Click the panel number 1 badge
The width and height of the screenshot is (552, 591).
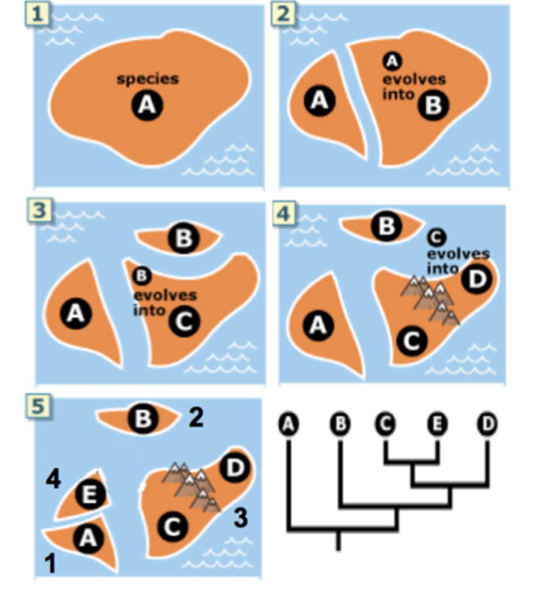click(37, 14)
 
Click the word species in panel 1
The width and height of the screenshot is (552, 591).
click(148, 79)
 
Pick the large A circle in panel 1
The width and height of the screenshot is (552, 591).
click(147, 105)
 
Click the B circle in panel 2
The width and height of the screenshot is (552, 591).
click(433, 105)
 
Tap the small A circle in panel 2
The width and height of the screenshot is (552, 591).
click(392, 60)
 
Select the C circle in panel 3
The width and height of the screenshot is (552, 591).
click(184, 321)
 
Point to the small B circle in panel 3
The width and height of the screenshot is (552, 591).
click(141, 276)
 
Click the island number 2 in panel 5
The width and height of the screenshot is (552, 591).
click(196, 418)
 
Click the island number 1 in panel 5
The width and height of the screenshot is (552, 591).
click(50, 564)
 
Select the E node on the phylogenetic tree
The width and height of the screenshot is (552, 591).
click(437, 424)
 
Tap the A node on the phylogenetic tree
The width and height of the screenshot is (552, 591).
click(288, 424)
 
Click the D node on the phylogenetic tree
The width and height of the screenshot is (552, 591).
click(487, 424)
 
